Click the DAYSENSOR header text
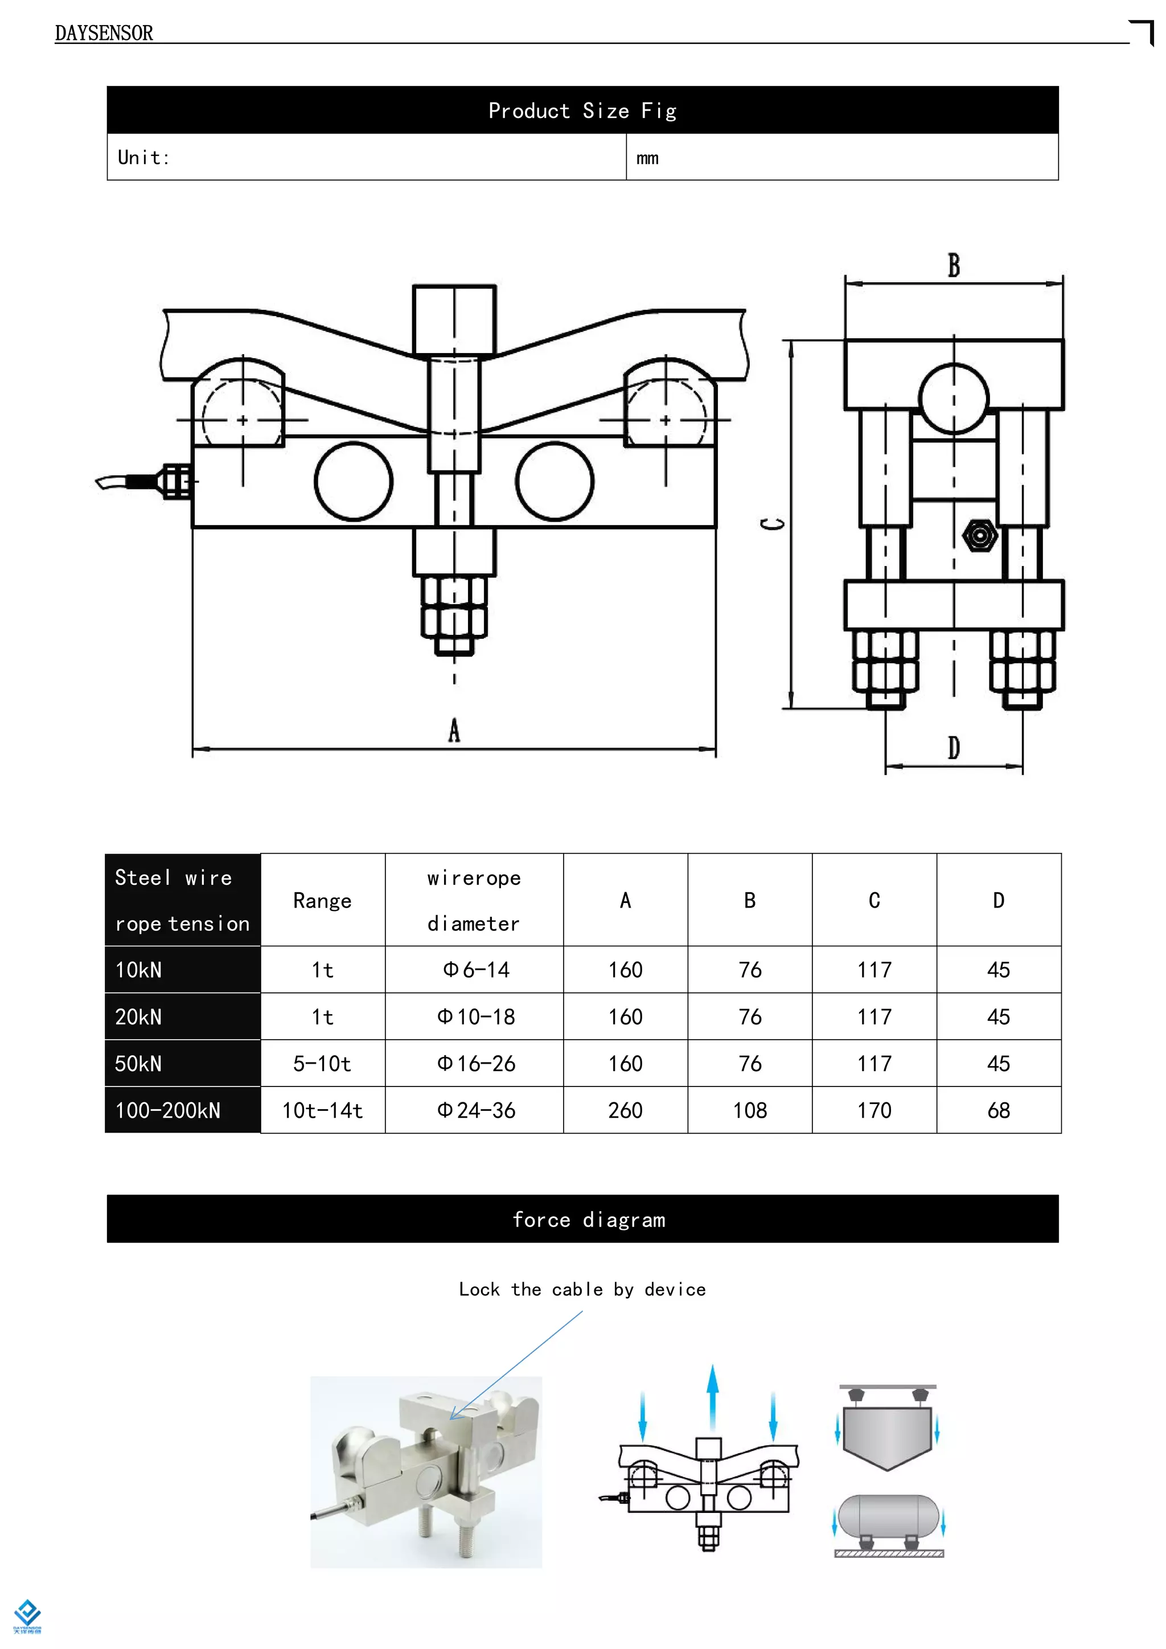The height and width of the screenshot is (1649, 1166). tap(104, 33)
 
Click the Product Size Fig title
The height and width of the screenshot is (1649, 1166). tap(582, 110)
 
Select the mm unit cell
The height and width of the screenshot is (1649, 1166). tap(647, 158)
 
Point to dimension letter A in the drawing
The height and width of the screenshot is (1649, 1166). tap(454, 731)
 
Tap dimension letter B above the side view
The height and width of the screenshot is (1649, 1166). tap(954, 266)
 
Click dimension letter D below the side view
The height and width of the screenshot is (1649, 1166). tap(954, 748)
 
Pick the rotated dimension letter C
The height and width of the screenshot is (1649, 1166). tap(773, 524)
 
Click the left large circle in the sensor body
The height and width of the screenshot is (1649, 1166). tap(353, 481)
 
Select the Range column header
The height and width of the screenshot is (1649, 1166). tap(322, 901)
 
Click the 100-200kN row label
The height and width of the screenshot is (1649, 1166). tap(168, 1110)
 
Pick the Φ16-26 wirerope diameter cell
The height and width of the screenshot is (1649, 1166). tap(475, 1064)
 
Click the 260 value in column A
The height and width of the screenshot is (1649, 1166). tap(625, 1110)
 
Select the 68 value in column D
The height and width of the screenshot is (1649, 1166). tap(999, 1110)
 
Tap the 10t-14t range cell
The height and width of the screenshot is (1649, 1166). tap(322, 1110)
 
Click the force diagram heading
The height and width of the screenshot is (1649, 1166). tap(589, 1220)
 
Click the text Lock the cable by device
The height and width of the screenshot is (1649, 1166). tap(582, 1290)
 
